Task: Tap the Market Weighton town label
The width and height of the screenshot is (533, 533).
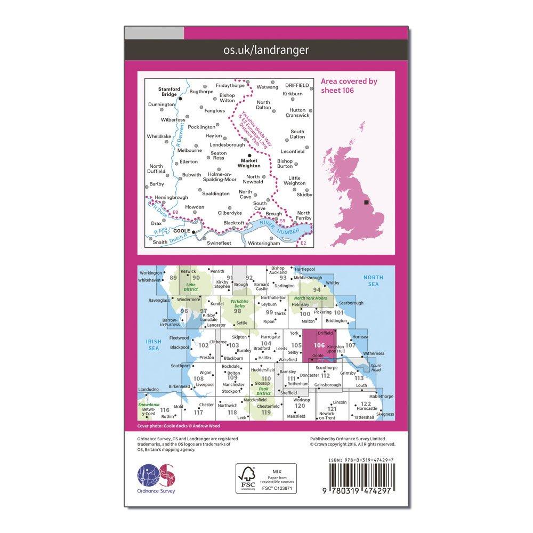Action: pyautogui.click(x=249, y=163)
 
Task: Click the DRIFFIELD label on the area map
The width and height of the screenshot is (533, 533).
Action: pyautogui.click(x=297, y=85)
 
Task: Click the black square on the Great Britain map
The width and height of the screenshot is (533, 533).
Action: pyautogui.click(x=366, y=203)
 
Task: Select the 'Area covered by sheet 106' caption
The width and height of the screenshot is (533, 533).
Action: pyautogui.click(x=349, y=85)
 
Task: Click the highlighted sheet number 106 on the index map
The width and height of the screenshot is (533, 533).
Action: pyautogui.click(x=319, y=345)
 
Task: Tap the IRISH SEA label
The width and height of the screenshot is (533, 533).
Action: pyautogui.click(x=154, y=344)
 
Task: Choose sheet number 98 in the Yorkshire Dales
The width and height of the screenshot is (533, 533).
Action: pyautogui.click(x=238, y=311)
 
